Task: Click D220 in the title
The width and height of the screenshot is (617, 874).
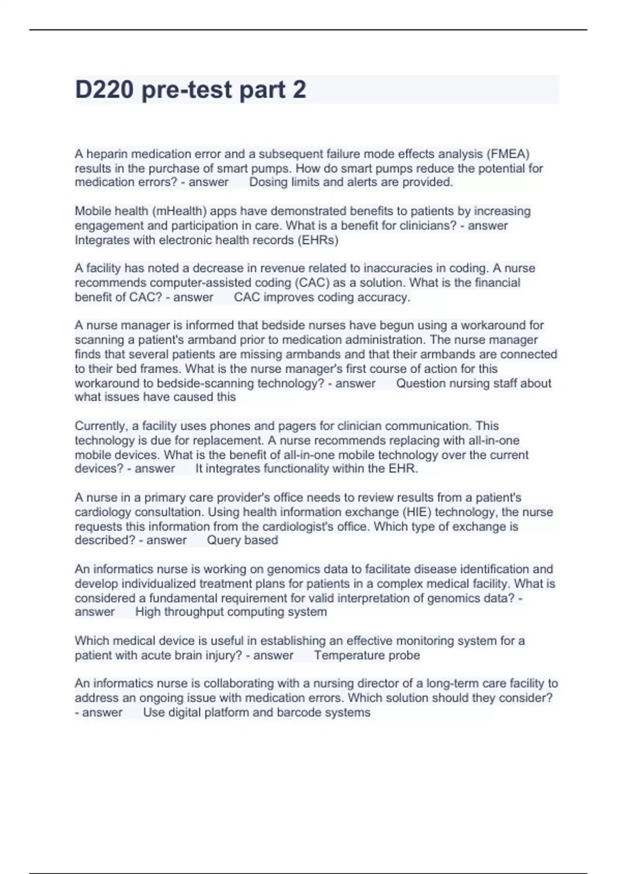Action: (x=105, y=89)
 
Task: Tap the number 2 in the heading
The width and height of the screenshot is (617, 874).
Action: (x=299, y=89)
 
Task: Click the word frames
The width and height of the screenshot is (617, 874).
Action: (x=164, y=369)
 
